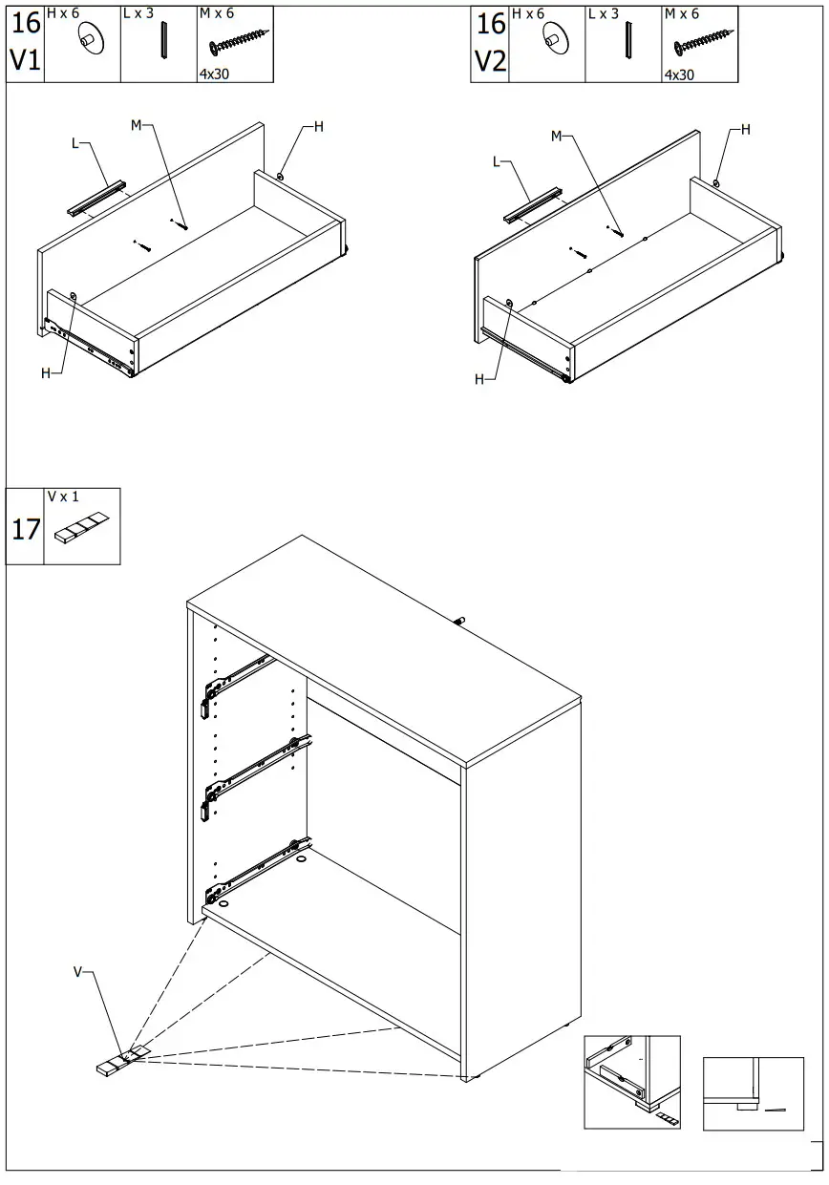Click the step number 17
coord(26,528)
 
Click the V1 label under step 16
coord(26,61)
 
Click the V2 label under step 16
coord(490,61)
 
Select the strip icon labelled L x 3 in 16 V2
coord(627,40)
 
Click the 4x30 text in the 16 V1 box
coord(214,74)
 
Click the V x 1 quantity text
coord(63,497)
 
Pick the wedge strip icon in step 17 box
coord(82,529)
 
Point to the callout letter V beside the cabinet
coord(78,972)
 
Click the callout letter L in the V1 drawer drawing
coord(75,144)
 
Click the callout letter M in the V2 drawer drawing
coord(556,137)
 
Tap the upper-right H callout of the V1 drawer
coord(318,127)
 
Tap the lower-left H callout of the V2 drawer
coord(479,379)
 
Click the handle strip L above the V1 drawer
coord(96,197)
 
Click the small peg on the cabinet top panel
coord(459,621)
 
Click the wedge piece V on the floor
coord(118,1062)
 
